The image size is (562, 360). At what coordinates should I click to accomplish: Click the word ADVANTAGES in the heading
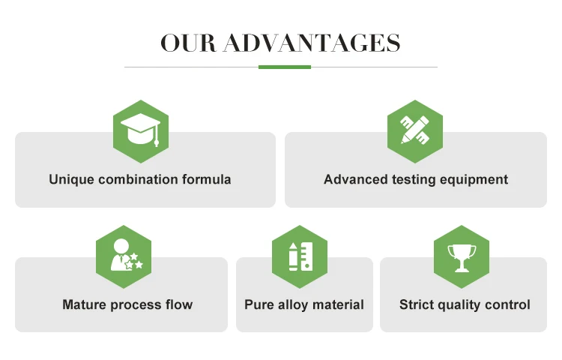pyautogui.click(x=312, y=43)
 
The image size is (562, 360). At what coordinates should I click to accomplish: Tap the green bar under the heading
pyautogui.click(x=285, y=67)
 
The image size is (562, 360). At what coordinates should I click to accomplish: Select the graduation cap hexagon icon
pyautogui.click(x=140, y=131)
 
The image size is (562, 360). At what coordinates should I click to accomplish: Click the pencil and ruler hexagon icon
pyautogui.click(x=415, y=131)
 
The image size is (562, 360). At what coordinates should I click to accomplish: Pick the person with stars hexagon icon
pyautogui.click(x=124, y=256)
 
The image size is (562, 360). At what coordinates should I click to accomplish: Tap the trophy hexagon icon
pyautogui.click(x=461, y=256)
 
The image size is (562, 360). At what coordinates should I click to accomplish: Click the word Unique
pyautogui.click(x=72, y=180)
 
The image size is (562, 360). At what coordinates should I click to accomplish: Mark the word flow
pyautogui.click(x=178, y=305)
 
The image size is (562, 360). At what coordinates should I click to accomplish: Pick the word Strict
pyautogui.click(x=417, y=305)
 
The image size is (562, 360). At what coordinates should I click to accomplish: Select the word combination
pyautogui.click(x=138, y=180)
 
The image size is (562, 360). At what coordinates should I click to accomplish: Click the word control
pyautogui.click(x=509, y=305)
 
